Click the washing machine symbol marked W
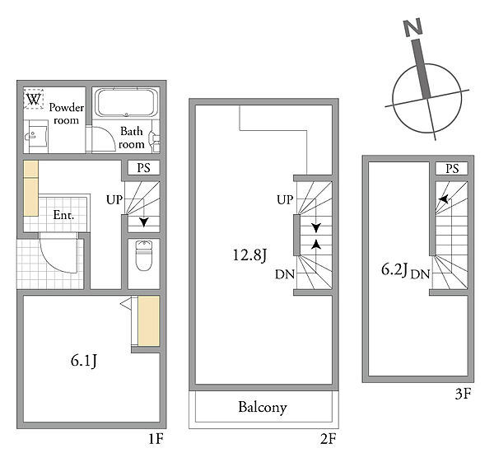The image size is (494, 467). (34, 99)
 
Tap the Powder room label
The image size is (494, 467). (66, 114)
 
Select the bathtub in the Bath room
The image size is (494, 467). (126, 103)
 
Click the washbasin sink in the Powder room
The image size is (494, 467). (35, 136)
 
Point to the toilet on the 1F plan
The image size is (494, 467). (143, 255)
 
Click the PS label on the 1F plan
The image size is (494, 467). (143, 168)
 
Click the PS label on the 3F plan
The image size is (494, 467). (452, 169)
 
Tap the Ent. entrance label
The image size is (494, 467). (63, 215)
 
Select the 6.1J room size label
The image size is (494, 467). (84, 361)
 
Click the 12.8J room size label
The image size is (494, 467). (249, 255)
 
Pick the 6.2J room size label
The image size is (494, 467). (394, 269)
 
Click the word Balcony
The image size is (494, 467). (263, 408)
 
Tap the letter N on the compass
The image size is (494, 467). (413, 27)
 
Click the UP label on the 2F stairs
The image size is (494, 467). (285, 200)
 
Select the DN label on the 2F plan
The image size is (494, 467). (285, 274)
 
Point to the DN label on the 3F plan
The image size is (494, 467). (420, 274)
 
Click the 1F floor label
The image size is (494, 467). (156, 438)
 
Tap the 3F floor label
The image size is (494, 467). (463, 394)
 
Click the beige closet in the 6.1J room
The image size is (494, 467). (149, 320)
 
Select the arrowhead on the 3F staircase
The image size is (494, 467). (444, 199)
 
